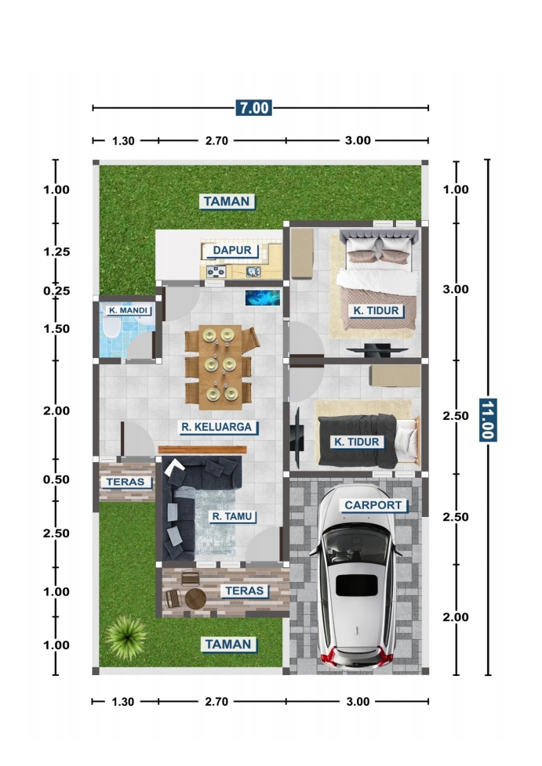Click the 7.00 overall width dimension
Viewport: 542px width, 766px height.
tap(253, 107)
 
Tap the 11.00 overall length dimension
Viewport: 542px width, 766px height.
tap(488, 420)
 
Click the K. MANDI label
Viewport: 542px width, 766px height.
tap(128, 310)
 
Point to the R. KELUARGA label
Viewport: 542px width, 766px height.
tap(216, 427)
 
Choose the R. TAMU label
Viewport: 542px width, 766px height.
tap(232, 516)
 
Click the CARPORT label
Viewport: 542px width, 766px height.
tap(373, 505)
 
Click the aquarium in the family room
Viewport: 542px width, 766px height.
tap(263, 298)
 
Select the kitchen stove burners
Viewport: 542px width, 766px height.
tap(216, 272)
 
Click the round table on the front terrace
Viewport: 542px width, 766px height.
tap(195, 598)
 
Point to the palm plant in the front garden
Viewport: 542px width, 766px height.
tap(126, 637)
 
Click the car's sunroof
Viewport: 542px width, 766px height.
tap(357, 585)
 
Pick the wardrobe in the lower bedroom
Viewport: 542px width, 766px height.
tap(395, 376)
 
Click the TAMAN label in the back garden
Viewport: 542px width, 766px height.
tap(227, 201)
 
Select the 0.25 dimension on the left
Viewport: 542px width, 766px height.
tap(56, 291)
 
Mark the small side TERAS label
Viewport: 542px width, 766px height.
tap(125, 482)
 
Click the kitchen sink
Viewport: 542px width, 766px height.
tap(253, 272)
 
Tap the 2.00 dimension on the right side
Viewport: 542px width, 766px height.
tap(456, 617)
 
